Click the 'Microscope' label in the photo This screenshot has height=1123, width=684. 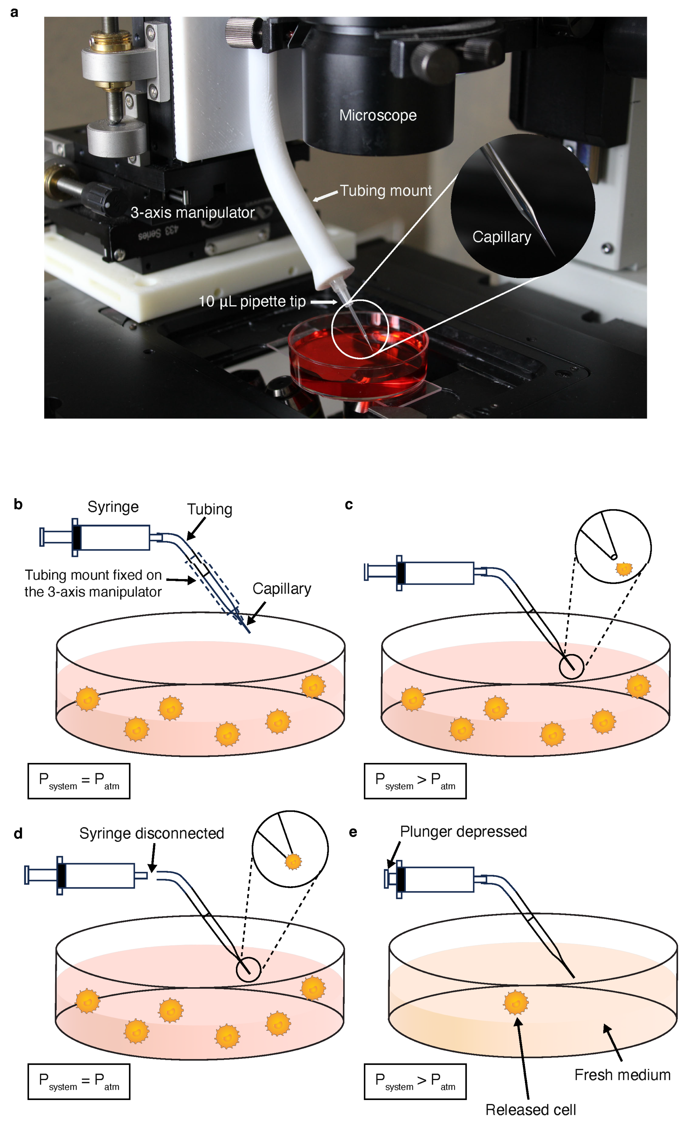coord(378,115)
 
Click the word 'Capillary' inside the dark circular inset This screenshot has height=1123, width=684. coord(502,237)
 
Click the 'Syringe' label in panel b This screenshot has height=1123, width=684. coord(113,507)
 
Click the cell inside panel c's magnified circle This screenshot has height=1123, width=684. coord(624,569)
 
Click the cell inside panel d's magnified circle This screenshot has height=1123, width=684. coord(293,862)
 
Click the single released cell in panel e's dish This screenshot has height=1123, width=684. coord(516,1002)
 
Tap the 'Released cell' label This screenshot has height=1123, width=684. coord(530,1110)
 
